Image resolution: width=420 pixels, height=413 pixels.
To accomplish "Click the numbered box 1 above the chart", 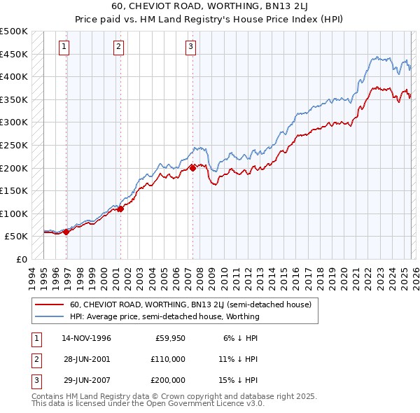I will [x=64, y=47].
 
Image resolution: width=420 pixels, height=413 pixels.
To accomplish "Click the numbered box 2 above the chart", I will [x=118, y=47].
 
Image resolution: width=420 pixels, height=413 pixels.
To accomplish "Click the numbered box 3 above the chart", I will [x=190, y=47].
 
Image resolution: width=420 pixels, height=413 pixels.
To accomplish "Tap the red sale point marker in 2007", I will [x=192, y=168].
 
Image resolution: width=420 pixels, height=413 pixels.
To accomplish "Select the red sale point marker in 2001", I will [x=120, y=209].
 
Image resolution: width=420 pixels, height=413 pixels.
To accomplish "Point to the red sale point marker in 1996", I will [x=66, y=232].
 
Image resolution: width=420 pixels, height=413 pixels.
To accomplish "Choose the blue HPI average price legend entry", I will [x=164, y=316].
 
